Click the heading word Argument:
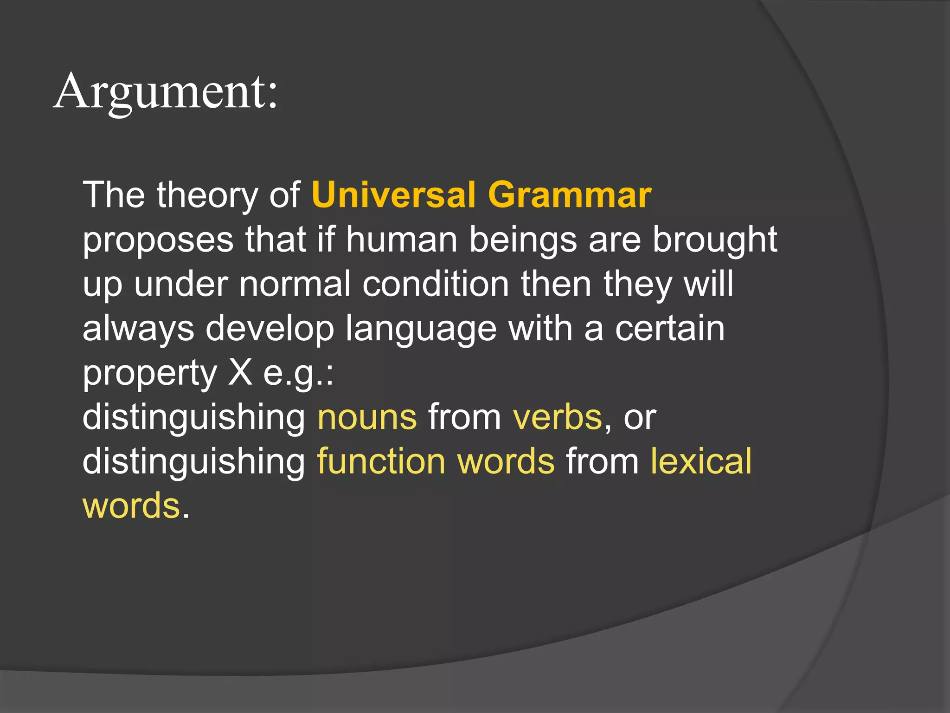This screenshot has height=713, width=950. coord(166,92)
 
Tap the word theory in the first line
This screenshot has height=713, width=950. coord(207,195)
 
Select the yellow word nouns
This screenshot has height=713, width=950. coord(367,417)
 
